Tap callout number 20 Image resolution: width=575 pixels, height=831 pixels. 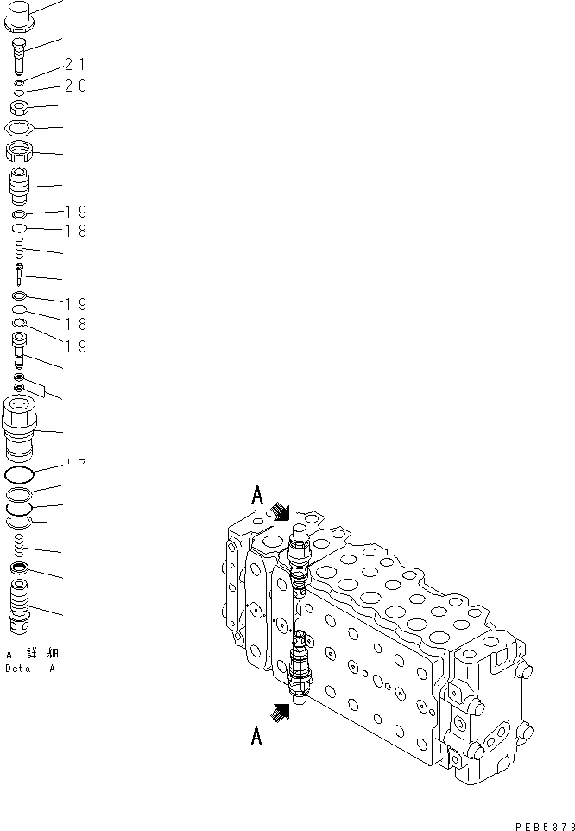(75, 86)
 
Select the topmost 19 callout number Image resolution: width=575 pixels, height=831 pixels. (75, 212)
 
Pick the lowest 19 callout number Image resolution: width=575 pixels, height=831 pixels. (75, 346)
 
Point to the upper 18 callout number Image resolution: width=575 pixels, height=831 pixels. (75, 232)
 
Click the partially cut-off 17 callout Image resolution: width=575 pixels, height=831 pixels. (75, 464)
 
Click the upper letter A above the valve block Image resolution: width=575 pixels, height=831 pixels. (256, 495)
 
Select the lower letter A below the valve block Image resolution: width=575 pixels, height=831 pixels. (256, 735)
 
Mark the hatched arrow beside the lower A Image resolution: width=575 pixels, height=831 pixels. (280, 713)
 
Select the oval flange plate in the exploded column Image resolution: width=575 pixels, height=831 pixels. (20, 128)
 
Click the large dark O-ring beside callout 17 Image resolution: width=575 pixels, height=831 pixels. (20, 475)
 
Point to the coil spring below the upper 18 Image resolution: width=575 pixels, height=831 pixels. (20, 251)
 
